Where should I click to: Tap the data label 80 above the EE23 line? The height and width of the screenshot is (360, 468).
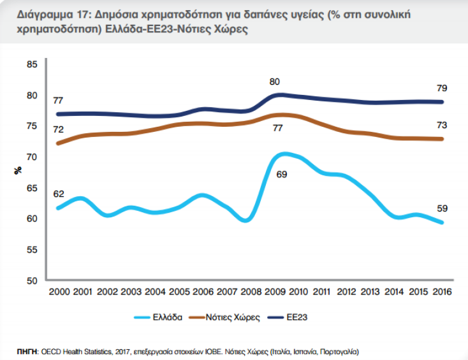(x=275, y=82)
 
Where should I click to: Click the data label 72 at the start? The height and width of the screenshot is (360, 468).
(x=58, y=130)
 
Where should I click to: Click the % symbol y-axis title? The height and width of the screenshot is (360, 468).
(x=17, y=171)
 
